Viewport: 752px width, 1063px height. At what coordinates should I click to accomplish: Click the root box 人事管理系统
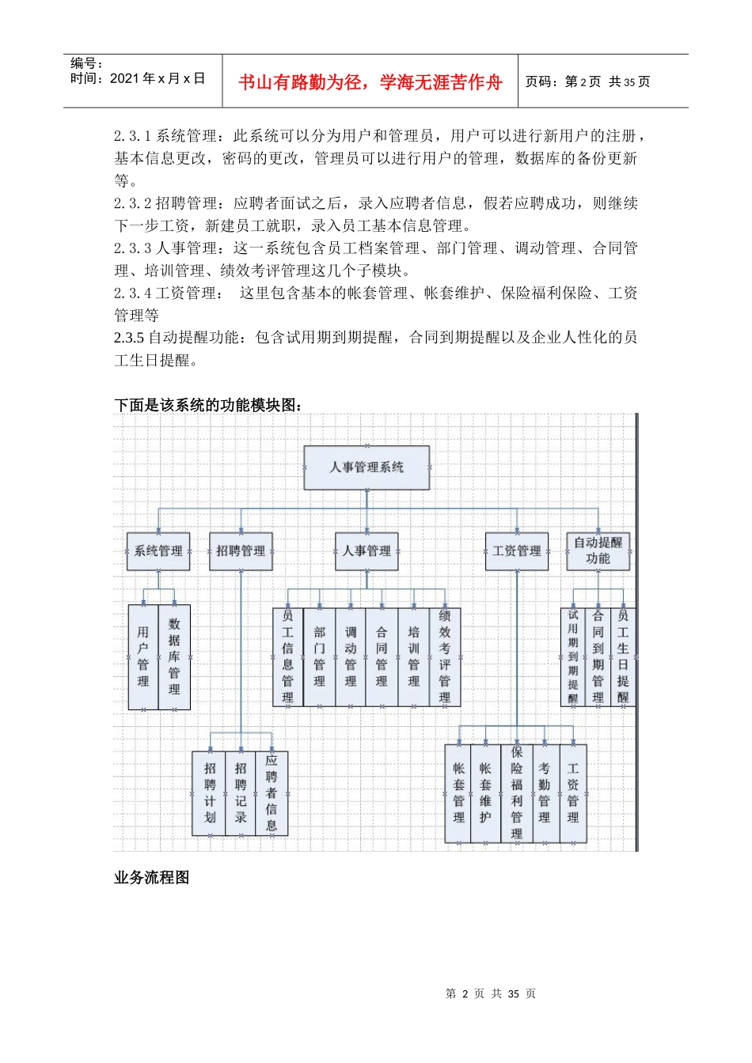367,467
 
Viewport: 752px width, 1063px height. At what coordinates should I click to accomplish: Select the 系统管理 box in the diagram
158,551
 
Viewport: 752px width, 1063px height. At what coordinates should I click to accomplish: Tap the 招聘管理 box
241,551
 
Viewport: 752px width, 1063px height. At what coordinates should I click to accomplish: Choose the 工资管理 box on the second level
517,551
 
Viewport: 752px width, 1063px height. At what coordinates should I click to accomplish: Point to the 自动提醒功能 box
598,551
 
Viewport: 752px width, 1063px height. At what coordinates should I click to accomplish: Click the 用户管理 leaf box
143,656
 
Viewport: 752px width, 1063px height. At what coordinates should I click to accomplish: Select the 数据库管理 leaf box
174,656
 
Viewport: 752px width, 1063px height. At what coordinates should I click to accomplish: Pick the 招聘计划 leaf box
210,793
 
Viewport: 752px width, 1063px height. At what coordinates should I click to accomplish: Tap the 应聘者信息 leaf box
272,793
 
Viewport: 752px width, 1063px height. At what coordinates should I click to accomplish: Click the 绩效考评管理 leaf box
445,656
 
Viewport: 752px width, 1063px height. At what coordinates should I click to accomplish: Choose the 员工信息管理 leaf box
288,656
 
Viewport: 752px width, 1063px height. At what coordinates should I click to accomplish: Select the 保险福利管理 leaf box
517,793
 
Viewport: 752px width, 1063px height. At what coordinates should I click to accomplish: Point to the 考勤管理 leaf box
545,793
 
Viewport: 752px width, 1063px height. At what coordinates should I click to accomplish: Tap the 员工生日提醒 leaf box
624,656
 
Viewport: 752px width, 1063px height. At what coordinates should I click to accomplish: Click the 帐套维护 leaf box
485,793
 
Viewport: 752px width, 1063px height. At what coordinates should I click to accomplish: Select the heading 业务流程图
152,877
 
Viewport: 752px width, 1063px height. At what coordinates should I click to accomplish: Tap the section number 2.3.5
129,338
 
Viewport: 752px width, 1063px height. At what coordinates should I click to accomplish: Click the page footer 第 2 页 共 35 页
491,993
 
